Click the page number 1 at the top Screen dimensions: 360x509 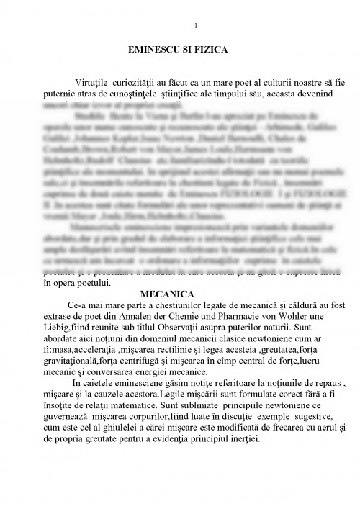196,27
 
